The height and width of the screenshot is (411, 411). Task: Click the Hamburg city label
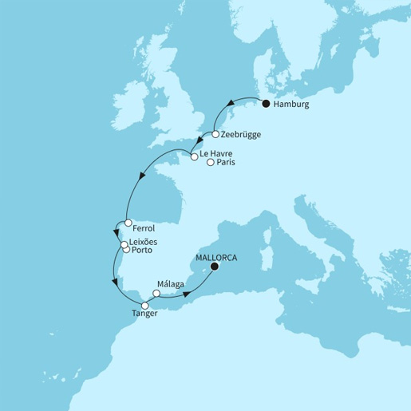point(291,105)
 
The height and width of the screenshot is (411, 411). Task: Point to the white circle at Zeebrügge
point(215,135)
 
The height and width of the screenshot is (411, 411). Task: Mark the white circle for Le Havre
point(194,157)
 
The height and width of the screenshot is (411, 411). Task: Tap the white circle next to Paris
point(211,163)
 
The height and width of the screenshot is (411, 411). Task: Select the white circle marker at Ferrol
point(127,223)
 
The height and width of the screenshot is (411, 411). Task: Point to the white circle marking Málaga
point(156,293)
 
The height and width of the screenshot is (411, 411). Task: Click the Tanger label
point(145,314)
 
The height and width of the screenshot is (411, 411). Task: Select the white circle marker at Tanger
point(145,305)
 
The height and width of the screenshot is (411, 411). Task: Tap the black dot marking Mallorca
point(213,267)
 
